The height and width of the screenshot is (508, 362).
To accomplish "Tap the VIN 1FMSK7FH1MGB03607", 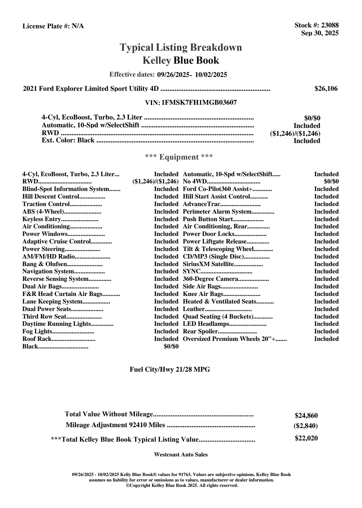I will [x=199, y=103].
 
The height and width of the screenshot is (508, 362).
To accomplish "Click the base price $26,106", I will [x=326, y=89].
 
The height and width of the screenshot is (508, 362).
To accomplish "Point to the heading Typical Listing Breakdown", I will [x=181, y=47].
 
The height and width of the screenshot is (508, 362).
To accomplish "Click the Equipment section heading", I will [x=179, y=157].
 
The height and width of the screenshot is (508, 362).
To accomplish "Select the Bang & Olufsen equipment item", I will [x=44, y=264].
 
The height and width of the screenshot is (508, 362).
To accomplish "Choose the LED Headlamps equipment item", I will [x=206, y=324].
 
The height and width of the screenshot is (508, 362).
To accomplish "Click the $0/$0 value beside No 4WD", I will [x=331, y=182].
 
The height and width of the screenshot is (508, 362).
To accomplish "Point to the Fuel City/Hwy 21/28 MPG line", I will [x=170, y=370].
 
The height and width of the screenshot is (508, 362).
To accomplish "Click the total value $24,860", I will [x=306, y=416].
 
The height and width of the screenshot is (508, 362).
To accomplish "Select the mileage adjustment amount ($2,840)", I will [x=306, y=426].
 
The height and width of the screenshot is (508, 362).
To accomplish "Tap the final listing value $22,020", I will [x=306, y=438].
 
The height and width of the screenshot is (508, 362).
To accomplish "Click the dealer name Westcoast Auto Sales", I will [x=181, y=455].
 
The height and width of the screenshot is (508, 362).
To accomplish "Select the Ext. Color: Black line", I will [x=68, y=141].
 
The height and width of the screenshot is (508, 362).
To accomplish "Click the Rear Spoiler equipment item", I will [x=200, y=332].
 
